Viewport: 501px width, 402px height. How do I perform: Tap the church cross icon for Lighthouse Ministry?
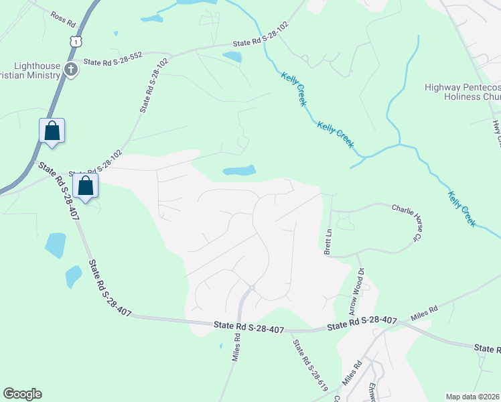pyautogui.click(x=71, y=68)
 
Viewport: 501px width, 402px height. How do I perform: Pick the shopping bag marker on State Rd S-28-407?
pyautogui.click(x=86, y=186)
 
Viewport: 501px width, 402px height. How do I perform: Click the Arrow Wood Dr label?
pyautogui.click(x=356, y=292)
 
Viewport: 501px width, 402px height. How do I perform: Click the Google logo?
pyautogui.click(x=22, y=394)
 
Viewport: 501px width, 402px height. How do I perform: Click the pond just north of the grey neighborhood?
pyautogui.click(x=239, y=171)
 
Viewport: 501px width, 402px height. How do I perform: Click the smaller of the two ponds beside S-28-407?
pyautogui.click(x=74, y=275)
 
